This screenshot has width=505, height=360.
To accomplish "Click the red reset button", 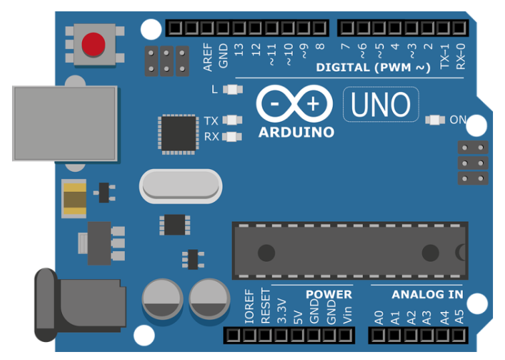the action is tap(94, 44).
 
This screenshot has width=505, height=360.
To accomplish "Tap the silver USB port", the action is tap(65, 124).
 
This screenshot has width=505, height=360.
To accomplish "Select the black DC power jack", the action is tap(80, 305).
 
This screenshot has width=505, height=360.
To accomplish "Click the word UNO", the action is tap(381, 104).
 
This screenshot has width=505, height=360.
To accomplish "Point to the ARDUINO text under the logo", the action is tap(297, 132).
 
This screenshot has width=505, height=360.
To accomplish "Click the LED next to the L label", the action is tap(233, 89).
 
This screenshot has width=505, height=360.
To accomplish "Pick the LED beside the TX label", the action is tap(232, 120).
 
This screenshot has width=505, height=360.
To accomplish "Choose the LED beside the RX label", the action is tap(232, 137).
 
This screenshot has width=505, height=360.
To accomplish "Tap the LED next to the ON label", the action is tap(435, 120).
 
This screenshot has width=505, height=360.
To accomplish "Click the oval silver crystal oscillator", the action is tap(180, 186).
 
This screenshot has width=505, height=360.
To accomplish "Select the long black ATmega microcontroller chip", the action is tap(350, 250).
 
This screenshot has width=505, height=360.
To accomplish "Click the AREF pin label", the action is tap(208, 57).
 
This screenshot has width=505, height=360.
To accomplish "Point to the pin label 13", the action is tap(238, 49).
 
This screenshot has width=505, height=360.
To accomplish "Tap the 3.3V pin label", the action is tap(282, 311).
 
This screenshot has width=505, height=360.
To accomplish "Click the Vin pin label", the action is tap(347, 315).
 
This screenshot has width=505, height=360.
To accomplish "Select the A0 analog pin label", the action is tap(379, 317).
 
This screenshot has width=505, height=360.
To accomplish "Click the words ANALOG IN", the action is tap(428, 295).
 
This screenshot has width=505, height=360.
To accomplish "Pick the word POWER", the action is tap(329, 295).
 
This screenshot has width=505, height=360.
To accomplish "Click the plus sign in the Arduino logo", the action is tap(313, 104).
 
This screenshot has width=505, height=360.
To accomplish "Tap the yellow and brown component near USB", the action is tap(75, 198).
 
